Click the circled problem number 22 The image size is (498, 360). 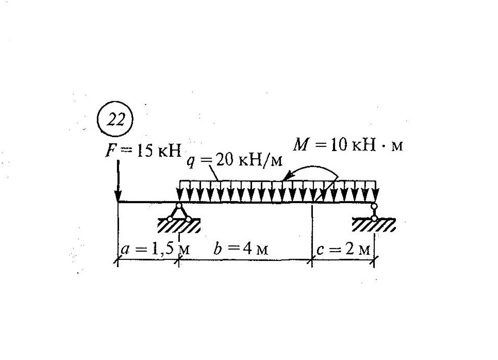coord(115,120)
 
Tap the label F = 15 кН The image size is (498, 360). coord(144,151)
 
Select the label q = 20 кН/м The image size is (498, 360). coord(234,161)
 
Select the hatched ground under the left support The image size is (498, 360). coord(178,226)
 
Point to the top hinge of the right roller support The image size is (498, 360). coord(374,206)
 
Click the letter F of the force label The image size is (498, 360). coord(110,151)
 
